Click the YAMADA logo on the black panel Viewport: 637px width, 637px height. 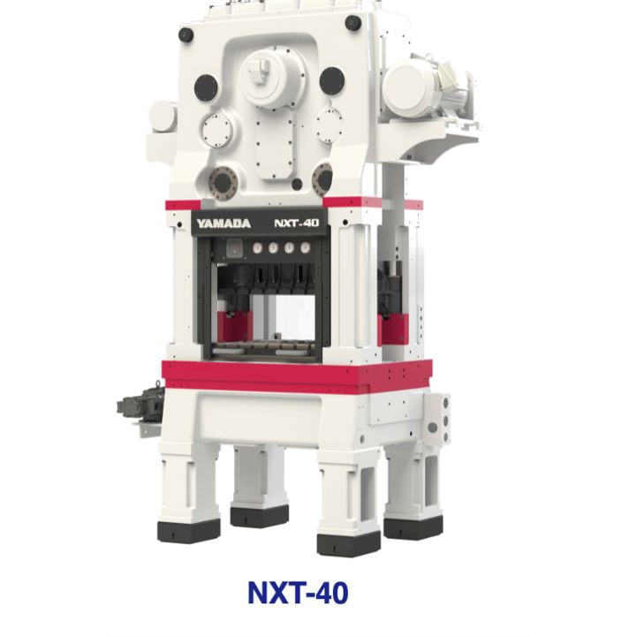tap(224, 224)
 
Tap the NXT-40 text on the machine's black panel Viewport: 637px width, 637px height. tap(297, 223)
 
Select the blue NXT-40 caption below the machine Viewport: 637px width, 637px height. tap(298, 593)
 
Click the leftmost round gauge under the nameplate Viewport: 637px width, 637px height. tap(257, 247)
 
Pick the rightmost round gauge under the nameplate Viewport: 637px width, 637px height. tap(305, 247)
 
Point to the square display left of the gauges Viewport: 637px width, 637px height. tap(235, 247)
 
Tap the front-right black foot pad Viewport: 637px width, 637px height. tap(349, 543)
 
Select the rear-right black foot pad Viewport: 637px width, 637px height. tap(413, 527)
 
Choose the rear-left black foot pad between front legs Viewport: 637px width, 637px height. tap(260, 516)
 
